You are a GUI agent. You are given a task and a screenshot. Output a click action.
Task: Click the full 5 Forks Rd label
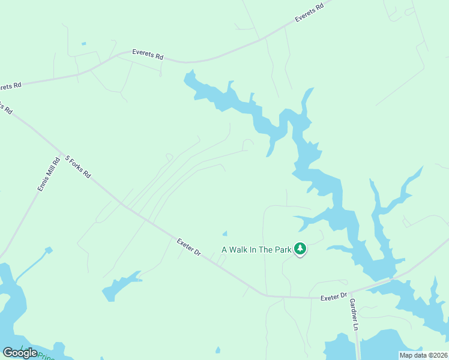tap(78, 167)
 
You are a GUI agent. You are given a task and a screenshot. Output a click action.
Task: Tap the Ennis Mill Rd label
tap(49, 174)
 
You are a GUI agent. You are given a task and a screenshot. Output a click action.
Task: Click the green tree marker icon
tap(300, 249)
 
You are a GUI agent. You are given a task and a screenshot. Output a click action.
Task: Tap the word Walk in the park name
tap(243, 250)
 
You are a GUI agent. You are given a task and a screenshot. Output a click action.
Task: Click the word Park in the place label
tap(283, 250)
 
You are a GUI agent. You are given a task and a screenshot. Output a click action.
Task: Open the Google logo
tap(20, 353)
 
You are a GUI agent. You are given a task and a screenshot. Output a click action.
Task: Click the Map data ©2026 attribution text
tap(423, 355)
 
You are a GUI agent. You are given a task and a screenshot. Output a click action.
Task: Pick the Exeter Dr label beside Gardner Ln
tap(334, 297)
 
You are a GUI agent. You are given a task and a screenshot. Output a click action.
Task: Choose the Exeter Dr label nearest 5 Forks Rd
tap(188, 248)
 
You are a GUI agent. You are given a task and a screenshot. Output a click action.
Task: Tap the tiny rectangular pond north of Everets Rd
tap(83, 43)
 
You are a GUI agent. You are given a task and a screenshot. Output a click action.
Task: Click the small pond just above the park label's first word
tap(224, 233)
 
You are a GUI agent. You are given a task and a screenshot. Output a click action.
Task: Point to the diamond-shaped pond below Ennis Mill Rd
tap(49, 250)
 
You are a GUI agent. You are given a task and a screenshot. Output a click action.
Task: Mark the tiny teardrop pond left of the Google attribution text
tap(217, 350)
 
